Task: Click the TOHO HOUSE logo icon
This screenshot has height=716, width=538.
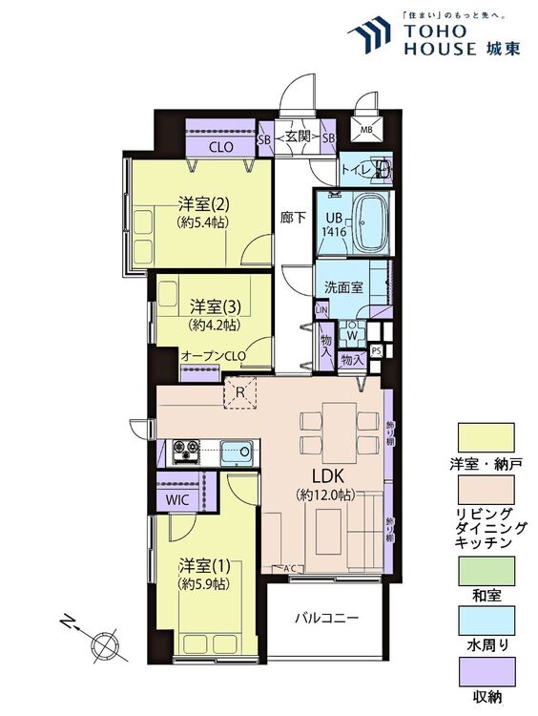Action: [370, 37]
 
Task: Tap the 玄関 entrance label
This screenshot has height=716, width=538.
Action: [296, 139]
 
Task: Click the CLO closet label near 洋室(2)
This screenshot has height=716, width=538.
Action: [222, 147]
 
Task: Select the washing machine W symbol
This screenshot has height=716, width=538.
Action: [352, 334]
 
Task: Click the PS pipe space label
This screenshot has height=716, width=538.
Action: [376, 351]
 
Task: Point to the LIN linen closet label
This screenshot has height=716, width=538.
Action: [321, 310]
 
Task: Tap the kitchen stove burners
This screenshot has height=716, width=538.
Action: [184, 451]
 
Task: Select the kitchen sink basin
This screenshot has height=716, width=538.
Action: [236, 452]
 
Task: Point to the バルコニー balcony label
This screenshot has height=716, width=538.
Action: [325, 618]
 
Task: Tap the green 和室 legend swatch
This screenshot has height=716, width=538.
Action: [486, 574]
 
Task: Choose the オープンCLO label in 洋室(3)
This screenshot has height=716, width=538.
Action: [214, 357]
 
